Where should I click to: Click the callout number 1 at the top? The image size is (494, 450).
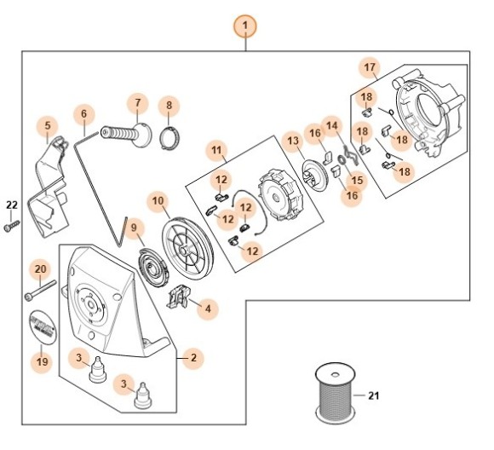coord(245,26)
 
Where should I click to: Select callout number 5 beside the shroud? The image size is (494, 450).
coord(48,127)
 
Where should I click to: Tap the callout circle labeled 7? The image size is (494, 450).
coord(136,104)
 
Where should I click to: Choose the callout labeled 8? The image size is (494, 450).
coord(169,106)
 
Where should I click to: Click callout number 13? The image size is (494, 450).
coord(292,140)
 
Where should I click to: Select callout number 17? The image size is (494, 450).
coord(369,67)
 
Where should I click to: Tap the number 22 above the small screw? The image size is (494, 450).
coord(11,205)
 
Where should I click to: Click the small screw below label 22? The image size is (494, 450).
coord(11,225)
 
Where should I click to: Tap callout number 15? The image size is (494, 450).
coord(357,180)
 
